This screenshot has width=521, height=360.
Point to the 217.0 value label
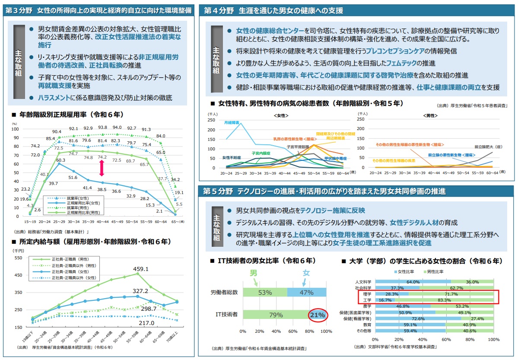(146, 322)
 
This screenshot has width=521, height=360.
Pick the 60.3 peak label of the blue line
(59, 160)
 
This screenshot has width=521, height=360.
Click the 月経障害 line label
(232, 123)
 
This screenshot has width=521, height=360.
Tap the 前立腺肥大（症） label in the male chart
(490, 147)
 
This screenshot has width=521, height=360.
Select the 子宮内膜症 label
(261, 153)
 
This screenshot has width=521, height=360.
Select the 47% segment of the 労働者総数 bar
(306, 293)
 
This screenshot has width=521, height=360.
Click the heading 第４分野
(219, 11)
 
